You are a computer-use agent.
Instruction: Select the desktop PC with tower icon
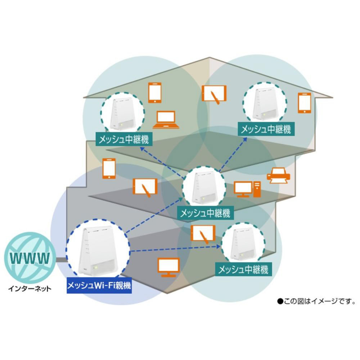(247, 189)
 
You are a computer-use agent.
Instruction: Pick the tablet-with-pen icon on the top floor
(214, 94)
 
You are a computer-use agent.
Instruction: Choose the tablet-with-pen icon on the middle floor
(145, 188)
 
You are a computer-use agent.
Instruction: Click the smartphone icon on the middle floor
(109, 168)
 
